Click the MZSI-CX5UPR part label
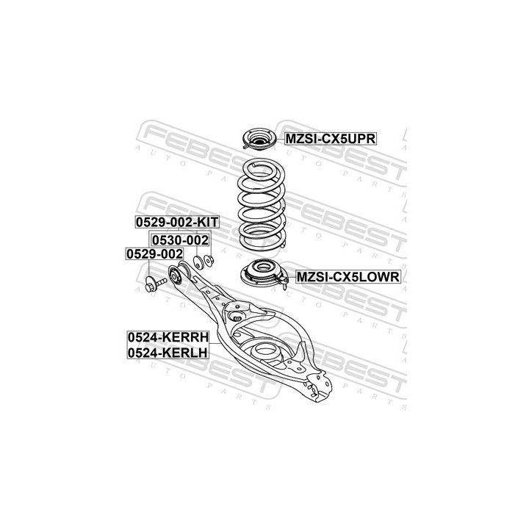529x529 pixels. (331, 139)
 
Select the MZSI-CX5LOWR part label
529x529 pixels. (348, 277)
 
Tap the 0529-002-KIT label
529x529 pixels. (177, 223)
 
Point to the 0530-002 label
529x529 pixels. (180, 240)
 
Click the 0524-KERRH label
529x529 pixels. (168, 337)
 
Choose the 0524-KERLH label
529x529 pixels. (168, 353)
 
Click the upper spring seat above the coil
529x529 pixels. (259, 139)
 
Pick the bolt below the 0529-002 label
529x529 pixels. (155, 284)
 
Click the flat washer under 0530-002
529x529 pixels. (198, 262)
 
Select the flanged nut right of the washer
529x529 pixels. (209, 261)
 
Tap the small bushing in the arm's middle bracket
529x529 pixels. (237, 317)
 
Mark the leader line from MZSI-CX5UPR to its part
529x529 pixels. (281, 139)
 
